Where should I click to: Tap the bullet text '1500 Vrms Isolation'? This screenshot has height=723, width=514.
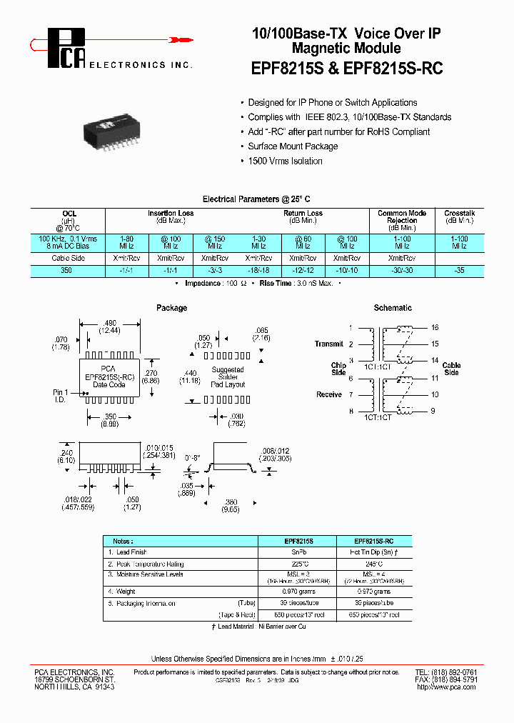point(285,161)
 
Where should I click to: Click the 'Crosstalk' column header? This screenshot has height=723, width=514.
point(459,213)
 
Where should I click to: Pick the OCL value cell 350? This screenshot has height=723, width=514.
point(69,271)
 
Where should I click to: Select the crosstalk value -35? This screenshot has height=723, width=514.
point(459,271)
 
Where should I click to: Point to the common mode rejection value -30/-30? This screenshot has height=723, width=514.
point(403,271)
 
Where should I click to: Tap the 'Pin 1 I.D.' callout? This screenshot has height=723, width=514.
point(61,396)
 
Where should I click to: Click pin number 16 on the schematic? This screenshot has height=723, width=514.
point(434,327)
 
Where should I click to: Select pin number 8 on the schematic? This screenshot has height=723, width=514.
point(351,412)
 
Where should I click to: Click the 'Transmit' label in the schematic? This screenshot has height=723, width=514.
point(328,344)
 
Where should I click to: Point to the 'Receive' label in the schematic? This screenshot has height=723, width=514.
point(329,394)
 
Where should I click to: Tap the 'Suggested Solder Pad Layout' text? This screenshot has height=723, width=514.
point(228,377)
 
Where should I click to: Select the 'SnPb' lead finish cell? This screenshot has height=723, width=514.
point(296,552)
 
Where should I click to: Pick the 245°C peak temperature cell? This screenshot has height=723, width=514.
point(374,564)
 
